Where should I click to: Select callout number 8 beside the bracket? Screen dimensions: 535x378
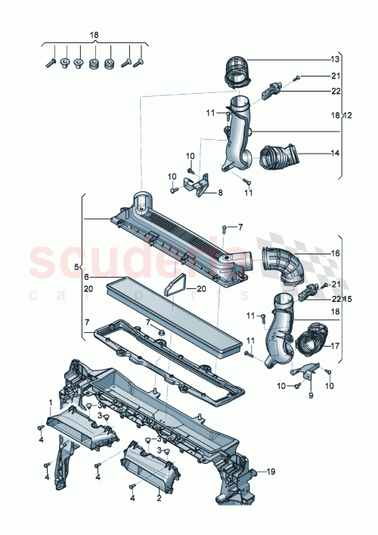pos(220,193)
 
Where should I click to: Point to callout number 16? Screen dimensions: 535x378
pos(335,254)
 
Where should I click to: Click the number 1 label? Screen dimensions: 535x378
pos(51,403)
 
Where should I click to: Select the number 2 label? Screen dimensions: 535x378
pos(159,499)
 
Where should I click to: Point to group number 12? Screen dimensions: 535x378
pos(347,114)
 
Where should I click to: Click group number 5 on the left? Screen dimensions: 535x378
pos(76,266)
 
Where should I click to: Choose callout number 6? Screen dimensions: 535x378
pos(86,277)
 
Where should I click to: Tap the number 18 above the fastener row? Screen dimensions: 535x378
pos(94,35)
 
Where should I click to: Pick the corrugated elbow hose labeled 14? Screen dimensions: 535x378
pos(278,157)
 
